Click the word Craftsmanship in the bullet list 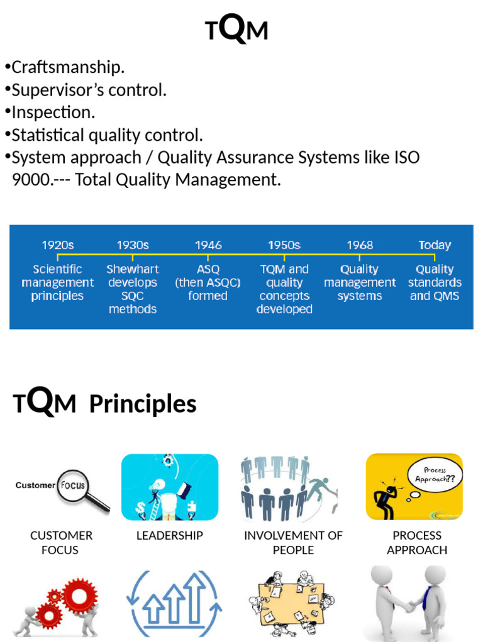click(x=68, y=67)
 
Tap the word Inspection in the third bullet click(x=53, y=113)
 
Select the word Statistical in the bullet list click(x=47, y=135)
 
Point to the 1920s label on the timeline click(x=58, y=245)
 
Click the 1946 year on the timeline click(x=208, y=245)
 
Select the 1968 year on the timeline click(x=359, y=245)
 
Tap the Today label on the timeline click(x=435, y=245)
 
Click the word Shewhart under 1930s click(x=133, y=269)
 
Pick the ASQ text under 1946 click(x=208, y=269)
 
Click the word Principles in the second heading click(x=143, y=404)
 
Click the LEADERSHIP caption click(x=170, y=535)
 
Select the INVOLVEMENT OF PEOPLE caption click(x=293, y=542)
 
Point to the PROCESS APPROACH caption click(x=417, y=542)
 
